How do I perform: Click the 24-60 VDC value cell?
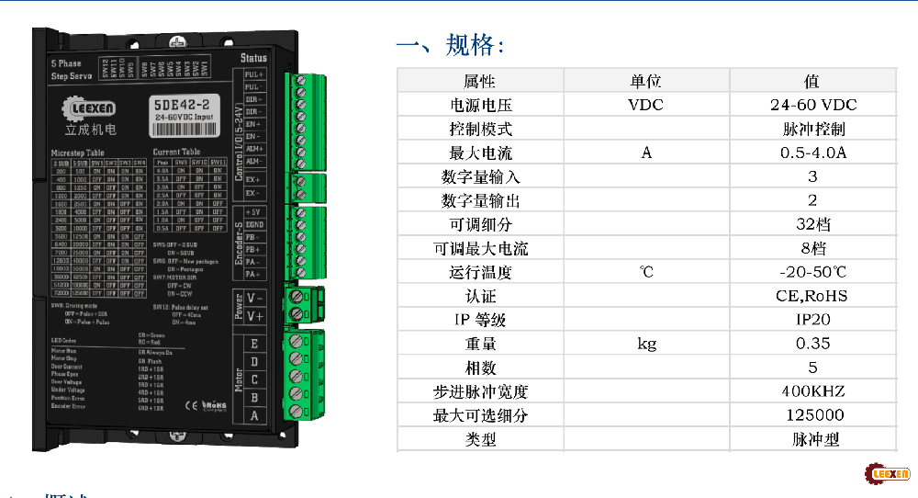coord(812,105)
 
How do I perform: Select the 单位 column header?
coord(645,81)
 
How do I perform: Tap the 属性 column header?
coord(479,81)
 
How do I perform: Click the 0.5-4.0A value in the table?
coord(812,153)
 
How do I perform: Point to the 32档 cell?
coord(812,224)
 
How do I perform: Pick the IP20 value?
coord(812,320)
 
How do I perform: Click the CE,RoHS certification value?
coord(812,296)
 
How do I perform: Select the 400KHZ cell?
coord(812,391)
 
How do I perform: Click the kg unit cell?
coord(646,344)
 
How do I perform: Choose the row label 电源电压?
coord(479,105)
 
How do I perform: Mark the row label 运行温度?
coord(479,272)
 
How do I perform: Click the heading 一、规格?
coord(450,45)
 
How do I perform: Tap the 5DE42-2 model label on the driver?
coord(183,104)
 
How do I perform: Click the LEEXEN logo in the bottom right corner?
coord(887,474)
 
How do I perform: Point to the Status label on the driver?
coord(253,58)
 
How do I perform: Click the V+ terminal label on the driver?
coord(255,315)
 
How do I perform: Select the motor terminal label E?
coord(254,345)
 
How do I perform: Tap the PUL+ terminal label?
coord(253,74)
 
